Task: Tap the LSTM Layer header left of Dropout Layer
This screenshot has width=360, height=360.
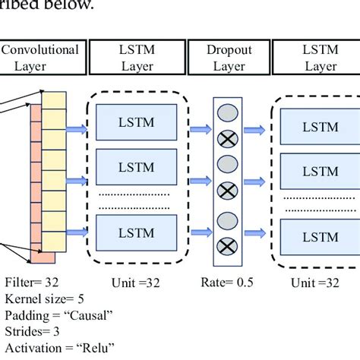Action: [x=137, y=58]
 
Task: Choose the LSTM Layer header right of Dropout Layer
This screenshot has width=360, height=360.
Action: [x=319, y=58]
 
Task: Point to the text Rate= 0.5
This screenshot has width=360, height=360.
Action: [x=228, y=283]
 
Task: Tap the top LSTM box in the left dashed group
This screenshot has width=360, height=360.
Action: [x=137, y=122]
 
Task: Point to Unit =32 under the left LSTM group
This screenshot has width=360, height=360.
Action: [x=137, y=283]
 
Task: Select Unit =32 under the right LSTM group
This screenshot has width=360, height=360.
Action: [x=319, y=283]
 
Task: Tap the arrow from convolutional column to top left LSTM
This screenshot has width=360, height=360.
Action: [x=78, y=128]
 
